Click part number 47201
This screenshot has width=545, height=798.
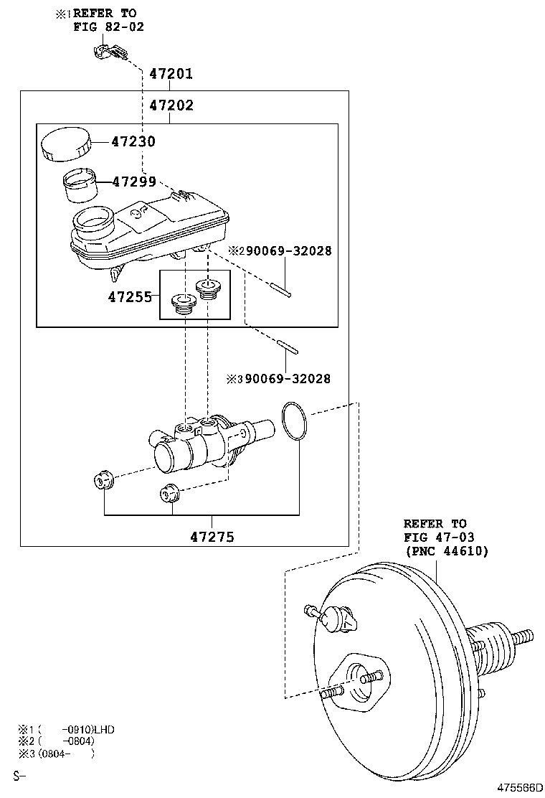pos(171,74)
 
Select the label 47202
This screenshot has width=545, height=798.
pos(171,105)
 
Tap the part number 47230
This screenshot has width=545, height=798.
pos(133,141)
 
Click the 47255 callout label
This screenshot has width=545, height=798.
pos(130,296)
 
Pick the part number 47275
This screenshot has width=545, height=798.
pos(212,536)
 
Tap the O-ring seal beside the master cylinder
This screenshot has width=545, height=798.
pos(294,421)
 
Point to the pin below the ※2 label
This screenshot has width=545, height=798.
pos(281,289)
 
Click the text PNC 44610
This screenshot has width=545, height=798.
pos(447,551)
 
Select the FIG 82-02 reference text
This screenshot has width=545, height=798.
pos(108,27)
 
